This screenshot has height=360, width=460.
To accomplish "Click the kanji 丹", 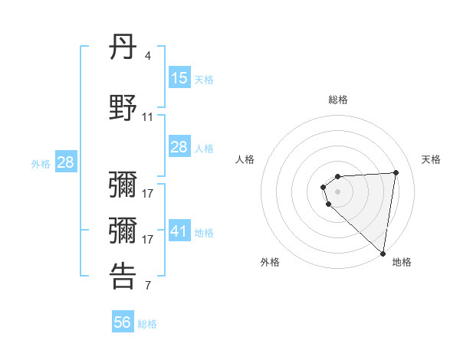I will (123, 48).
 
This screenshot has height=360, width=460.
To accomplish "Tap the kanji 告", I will (123, 276).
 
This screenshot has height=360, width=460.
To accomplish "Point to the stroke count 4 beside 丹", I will (147, 56).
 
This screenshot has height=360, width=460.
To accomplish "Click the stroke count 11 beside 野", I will (148, 117).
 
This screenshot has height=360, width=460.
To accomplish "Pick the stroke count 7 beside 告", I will (148, 286).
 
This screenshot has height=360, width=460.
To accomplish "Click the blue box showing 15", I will (179, 77).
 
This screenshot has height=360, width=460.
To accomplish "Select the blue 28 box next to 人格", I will (179, 147).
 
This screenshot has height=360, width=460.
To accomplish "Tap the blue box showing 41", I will (179, 231).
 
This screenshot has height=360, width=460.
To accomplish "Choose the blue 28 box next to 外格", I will (66, 162).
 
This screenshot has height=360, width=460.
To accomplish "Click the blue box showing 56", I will (123, 322).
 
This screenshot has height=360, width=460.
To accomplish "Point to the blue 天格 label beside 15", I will (204, 79).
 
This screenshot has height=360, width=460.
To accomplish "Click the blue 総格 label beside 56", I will (147, 324).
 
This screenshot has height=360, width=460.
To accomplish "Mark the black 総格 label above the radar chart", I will (338, 100).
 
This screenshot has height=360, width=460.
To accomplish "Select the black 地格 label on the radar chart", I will (402, 263).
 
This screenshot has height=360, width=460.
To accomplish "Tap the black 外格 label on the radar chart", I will (270, 263).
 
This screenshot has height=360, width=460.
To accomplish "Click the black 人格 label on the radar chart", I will (245, 159).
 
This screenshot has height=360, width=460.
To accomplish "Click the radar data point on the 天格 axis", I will (396, 172).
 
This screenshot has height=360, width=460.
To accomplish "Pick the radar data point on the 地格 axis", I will (383, 254).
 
